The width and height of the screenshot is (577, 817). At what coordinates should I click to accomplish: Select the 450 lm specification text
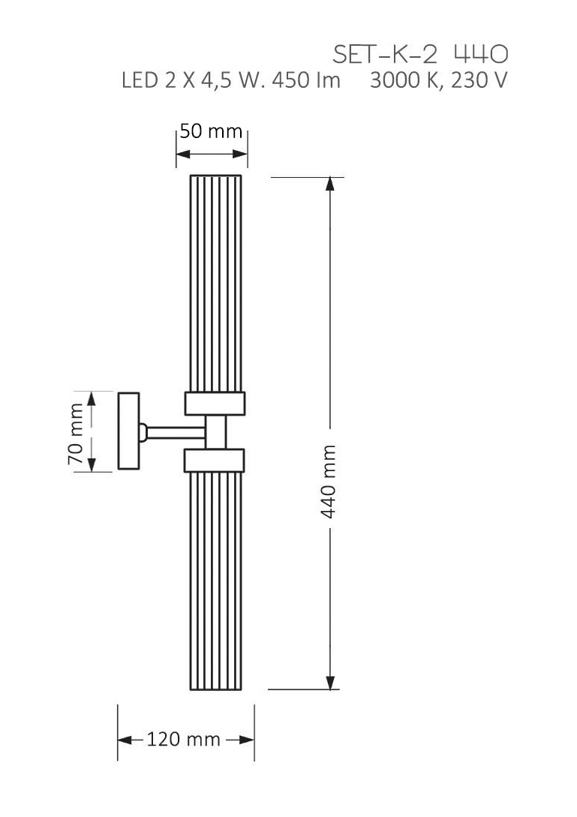pos(305,80)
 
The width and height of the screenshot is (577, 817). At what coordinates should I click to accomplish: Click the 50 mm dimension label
pos(211,131)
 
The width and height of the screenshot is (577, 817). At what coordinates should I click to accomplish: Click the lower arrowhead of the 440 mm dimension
pos(329,681)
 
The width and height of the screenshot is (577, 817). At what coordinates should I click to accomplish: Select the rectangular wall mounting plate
pos(128,431)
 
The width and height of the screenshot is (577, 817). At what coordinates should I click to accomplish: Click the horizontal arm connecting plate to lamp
pos(176,431)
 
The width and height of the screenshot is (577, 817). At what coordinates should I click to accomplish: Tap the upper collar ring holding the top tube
pos(215,403)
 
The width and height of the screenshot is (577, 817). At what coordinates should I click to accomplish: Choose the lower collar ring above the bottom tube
pos(215,460)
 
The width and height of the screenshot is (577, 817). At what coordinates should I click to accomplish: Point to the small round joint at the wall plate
pos(142,431)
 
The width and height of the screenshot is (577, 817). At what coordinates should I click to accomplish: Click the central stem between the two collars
pos(217,431)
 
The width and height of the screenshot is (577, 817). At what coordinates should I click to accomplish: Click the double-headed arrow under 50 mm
pos(212,155)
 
